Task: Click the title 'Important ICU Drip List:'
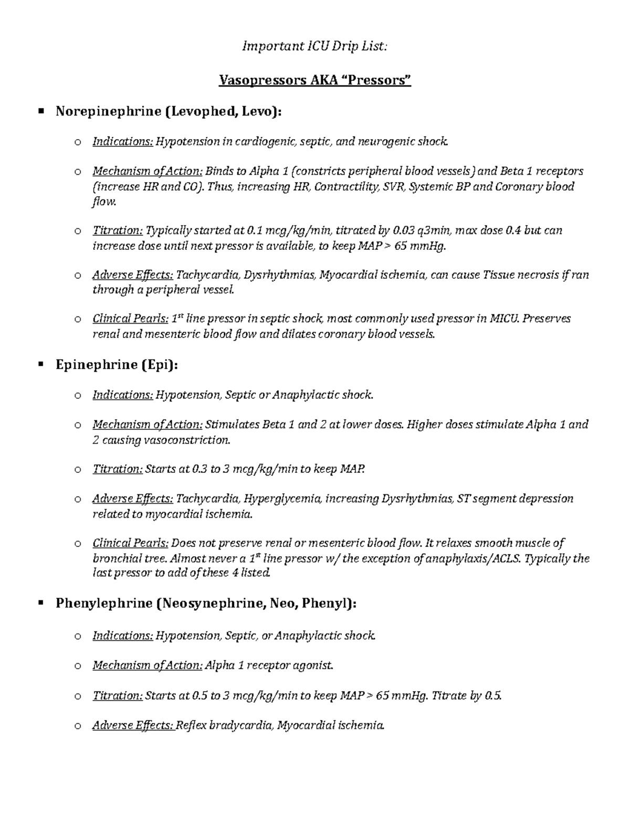point(314,47)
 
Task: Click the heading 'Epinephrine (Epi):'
point(117,365)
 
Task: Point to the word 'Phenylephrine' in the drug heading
point(104,604)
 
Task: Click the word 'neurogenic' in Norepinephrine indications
point(386,141)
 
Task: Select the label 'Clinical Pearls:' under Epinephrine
point(131,543)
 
